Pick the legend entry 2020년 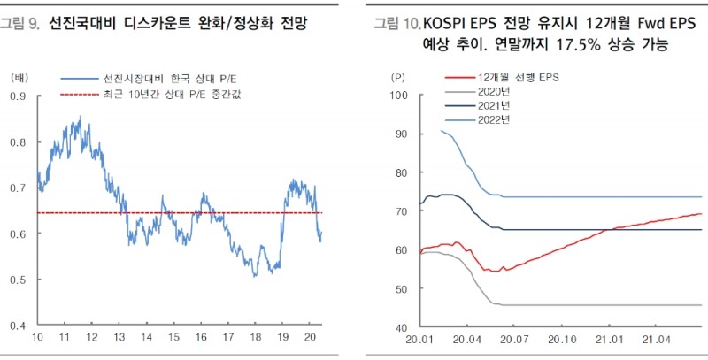click(x=494, y=92)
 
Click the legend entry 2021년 click(x=494, y=106)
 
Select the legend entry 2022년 click(x=494, y=120)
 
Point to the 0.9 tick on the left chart click(x=18, y=96)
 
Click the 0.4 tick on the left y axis click(x=18, y=326)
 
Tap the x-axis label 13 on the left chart click(x=119, y=339)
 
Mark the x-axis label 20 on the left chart click(x=310, y=339)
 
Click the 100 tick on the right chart click(x=397, y=96)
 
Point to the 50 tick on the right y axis click(x=400, y=288)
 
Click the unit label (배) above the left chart click(x=19, y=77)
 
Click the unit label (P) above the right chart click(x=398, y=77)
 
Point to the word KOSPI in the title click(x=448, y=22)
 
